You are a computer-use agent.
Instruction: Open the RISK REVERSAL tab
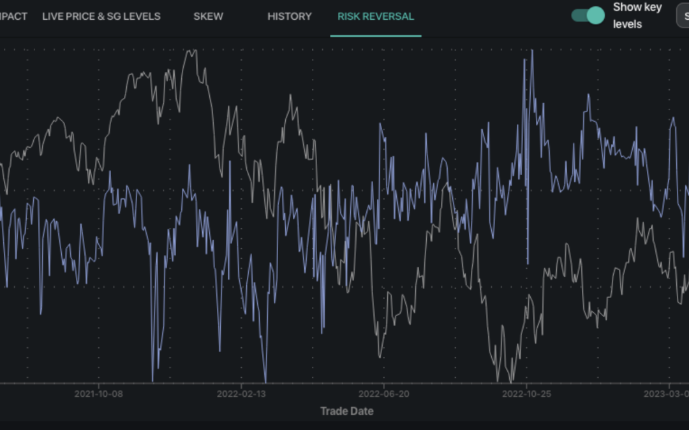[376, 17]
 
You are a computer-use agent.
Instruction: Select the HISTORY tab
[290, 17]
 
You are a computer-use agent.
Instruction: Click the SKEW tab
[208, 17]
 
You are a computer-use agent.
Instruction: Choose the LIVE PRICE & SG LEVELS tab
[101, 17]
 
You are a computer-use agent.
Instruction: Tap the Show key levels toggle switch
[588, 16]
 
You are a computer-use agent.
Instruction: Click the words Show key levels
[637, 16]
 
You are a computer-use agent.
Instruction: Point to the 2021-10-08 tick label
[98, 394]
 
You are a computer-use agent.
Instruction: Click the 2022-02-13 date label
[241, 394]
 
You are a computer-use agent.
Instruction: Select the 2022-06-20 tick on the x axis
[384, 394]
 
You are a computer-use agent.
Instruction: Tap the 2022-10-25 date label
[526, 394]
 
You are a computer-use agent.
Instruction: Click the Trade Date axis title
[346, 411]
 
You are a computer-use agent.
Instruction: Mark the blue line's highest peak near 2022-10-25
[532, 51]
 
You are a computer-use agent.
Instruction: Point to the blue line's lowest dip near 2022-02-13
[265, 380]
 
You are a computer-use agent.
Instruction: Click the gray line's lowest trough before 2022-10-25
[510, 381]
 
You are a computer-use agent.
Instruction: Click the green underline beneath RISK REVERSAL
[376, 36]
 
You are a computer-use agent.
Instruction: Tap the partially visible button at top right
[683, 16]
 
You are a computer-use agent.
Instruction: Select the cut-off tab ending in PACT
[13, 17]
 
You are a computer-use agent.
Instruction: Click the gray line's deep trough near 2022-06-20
[380, 356]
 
